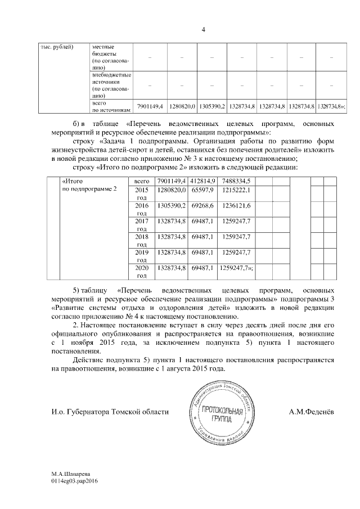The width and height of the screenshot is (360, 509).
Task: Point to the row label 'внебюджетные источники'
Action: (x=111, y=84)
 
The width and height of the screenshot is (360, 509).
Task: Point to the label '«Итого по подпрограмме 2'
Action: (x=89, y=185)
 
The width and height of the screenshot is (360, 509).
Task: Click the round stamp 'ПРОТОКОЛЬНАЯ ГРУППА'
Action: (x=220, y=413)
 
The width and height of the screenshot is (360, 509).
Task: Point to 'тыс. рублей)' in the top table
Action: (x=57, y=46)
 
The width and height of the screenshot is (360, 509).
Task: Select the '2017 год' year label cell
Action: (x=141, y=226)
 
